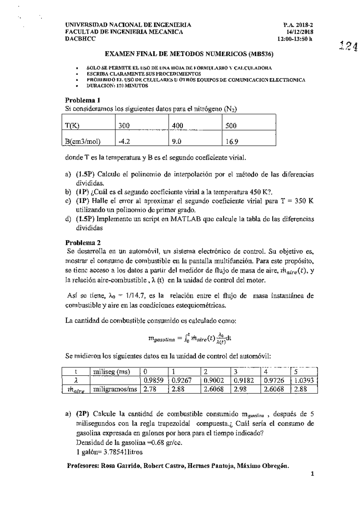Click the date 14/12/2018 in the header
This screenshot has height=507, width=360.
pos(300,32)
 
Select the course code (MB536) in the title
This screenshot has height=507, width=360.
pos(261,54)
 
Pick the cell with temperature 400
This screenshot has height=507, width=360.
pos(178,125)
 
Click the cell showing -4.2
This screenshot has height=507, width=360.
pos(124,141)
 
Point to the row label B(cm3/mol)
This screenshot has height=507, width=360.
pos(83,141)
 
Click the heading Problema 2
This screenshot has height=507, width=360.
pos(83,243)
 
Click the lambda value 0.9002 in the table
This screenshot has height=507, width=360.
pos(213,381)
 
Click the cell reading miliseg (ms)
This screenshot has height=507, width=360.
pos(112,372)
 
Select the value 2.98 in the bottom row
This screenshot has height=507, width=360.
pos(240,389)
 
